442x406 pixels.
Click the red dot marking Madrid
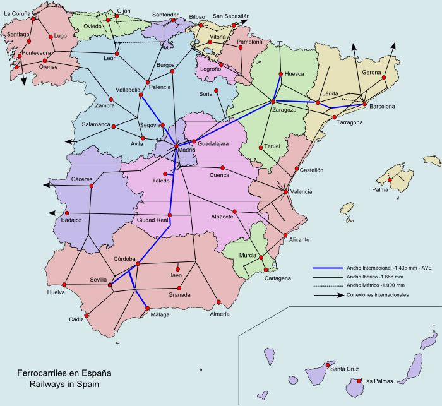pos(177,148)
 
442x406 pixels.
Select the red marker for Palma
pos(391,181)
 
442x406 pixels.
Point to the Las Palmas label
pos(378,381)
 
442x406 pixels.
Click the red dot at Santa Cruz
pos(327,364)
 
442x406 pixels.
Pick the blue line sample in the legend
pos(328,267)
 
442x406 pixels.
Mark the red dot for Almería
pos(218,301)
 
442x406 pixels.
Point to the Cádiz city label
pos(76,319)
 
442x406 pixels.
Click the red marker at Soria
pos(217,91)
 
